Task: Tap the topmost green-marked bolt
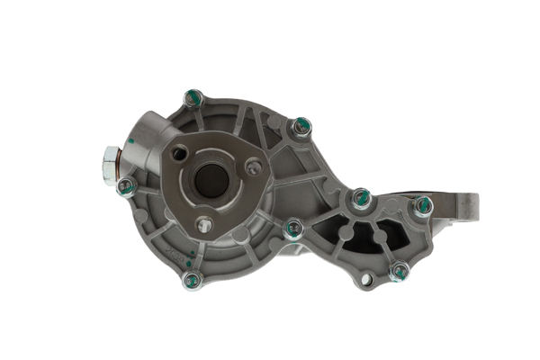click(192, 98)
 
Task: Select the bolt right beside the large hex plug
click(127, 187)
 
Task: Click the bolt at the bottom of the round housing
click(192, 280)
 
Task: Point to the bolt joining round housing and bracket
click(292, 229)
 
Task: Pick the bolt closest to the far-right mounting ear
click(422, 206)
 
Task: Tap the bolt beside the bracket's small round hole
click(399, 270)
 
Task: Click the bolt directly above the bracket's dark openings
click(361, 199)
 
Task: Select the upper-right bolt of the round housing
click(301, 127)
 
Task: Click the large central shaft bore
click(212, 180)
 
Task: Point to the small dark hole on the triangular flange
click(180, 154)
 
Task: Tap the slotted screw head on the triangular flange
click(254, 166)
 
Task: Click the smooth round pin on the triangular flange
click(204, 225)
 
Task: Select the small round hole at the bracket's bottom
click(365, 280)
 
